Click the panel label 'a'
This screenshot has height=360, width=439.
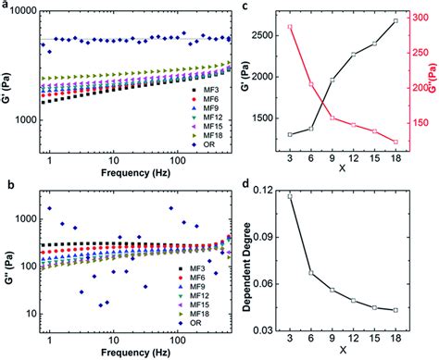(6, 6)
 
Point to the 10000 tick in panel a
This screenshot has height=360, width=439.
(30, 11)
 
